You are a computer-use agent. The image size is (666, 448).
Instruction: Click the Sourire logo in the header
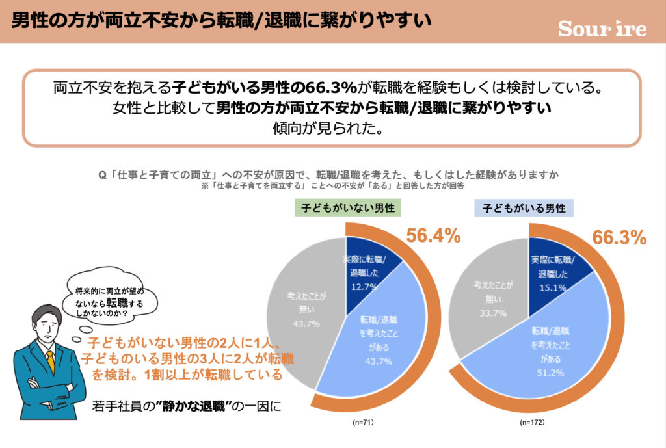click(602, 29)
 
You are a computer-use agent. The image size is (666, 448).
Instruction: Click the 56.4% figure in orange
click(433, 235)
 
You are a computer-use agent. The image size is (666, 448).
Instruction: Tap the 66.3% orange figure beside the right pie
click(619, 237)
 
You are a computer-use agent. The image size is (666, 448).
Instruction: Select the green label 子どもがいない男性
click(348, 208)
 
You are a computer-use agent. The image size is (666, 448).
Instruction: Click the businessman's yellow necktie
click(50, 362)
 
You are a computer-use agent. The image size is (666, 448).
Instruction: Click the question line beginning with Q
click(328, 175)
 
